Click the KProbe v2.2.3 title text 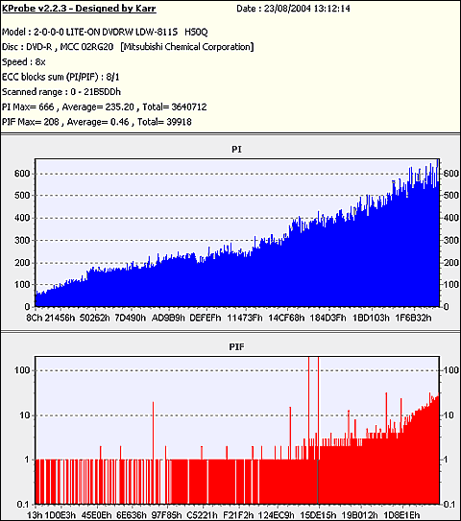point(79,9)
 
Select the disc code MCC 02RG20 point(86,47)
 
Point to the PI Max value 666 point(46,107)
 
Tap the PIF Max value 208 point(51,122)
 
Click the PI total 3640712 point(189,107)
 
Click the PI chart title point(236,150)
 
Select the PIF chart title point(236,347)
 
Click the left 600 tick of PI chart point(22,174)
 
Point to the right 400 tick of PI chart point(451,218)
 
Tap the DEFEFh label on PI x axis point(206,318)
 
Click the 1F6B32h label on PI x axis point(413,318)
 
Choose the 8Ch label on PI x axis point(35,318)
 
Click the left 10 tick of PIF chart point(25,415)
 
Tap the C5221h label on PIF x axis point(202,515)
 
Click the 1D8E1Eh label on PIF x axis point(401,515)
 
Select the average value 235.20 point(120,107)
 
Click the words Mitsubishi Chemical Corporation point(187,47)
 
